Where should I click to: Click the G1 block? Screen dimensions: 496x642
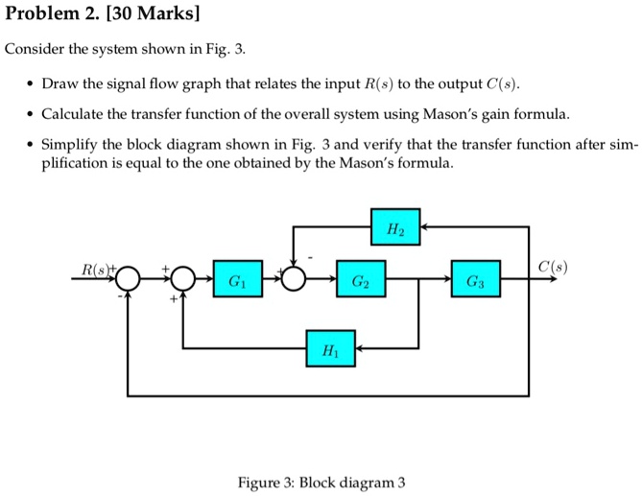[x=235, y=280]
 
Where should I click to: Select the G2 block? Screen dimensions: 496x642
[x=358, y=280]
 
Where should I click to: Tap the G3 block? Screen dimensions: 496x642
[x=476, y=280]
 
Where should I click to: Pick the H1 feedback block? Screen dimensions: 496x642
[x=331, y=347]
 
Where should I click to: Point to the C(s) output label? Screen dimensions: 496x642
[x=552, y=267]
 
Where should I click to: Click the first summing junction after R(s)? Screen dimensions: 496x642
[x=129, y=280]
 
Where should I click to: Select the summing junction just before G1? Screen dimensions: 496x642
[x=182, y=280]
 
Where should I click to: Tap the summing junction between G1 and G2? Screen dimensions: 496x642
[x=293, y=280]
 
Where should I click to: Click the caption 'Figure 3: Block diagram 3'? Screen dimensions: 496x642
[x=321, y=482]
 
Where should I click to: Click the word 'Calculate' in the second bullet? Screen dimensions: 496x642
[x=74, y=114]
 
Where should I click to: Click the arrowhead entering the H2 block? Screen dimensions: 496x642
[x=425, y=226]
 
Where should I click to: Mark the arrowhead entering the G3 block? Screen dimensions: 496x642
[x=448, y=280]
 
